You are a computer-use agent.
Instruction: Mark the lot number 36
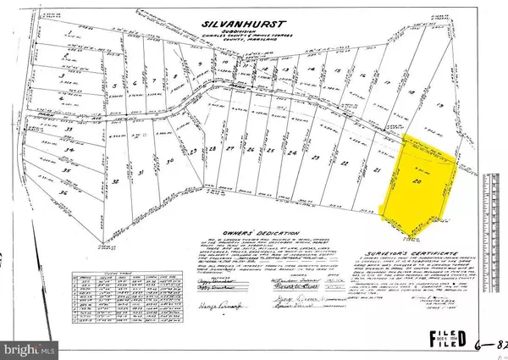click(63, 192)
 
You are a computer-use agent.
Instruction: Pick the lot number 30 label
click(169, 160)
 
